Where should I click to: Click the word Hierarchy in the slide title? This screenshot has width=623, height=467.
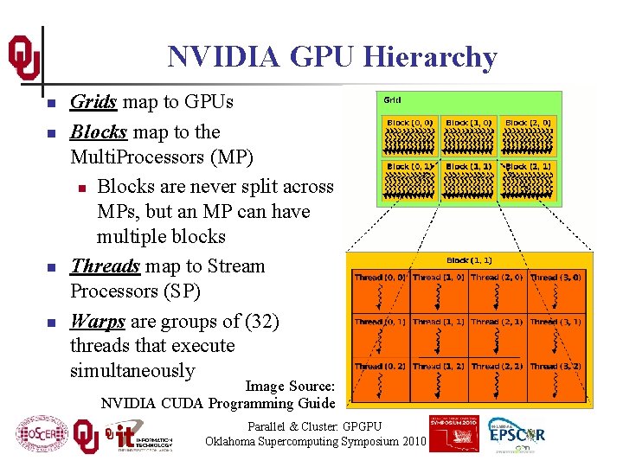(x=431, y=58)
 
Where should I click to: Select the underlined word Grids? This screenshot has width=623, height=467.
(x=93, y=102)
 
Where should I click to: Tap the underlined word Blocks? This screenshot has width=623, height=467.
(x=99, y=132)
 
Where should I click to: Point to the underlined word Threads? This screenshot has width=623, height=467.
(x=106, y=265)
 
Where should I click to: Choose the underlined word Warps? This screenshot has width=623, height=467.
(x=98, y=321)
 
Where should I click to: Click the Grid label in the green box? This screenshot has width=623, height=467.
(x=392, y=99)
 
